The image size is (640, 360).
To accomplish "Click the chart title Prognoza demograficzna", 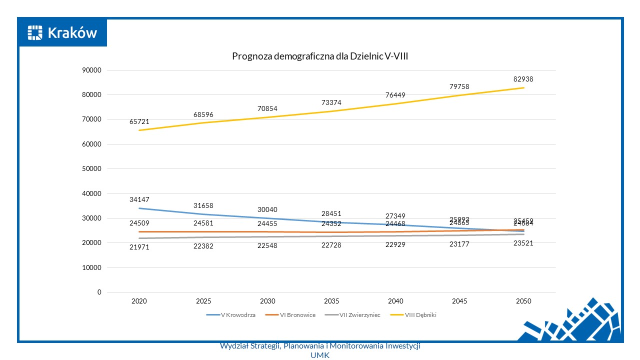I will coord(320,56).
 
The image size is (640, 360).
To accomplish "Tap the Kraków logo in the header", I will coord(62,33).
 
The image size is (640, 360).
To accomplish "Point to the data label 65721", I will coord(139,121).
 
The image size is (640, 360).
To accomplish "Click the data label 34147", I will coord(139,199).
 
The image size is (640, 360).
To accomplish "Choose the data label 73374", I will coord(331,102).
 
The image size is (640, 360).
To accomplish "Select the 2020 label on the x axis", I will coord(139,301).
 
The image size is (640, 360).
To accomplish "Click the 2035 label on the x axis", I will coord(331,301).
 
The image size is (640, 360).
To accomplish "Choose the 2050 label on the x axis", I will coord(523,301).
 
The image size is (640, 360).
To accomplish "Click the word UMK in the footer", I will coord(320,354).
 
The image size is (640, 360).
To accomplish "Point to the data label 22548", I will coord(267,245).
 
